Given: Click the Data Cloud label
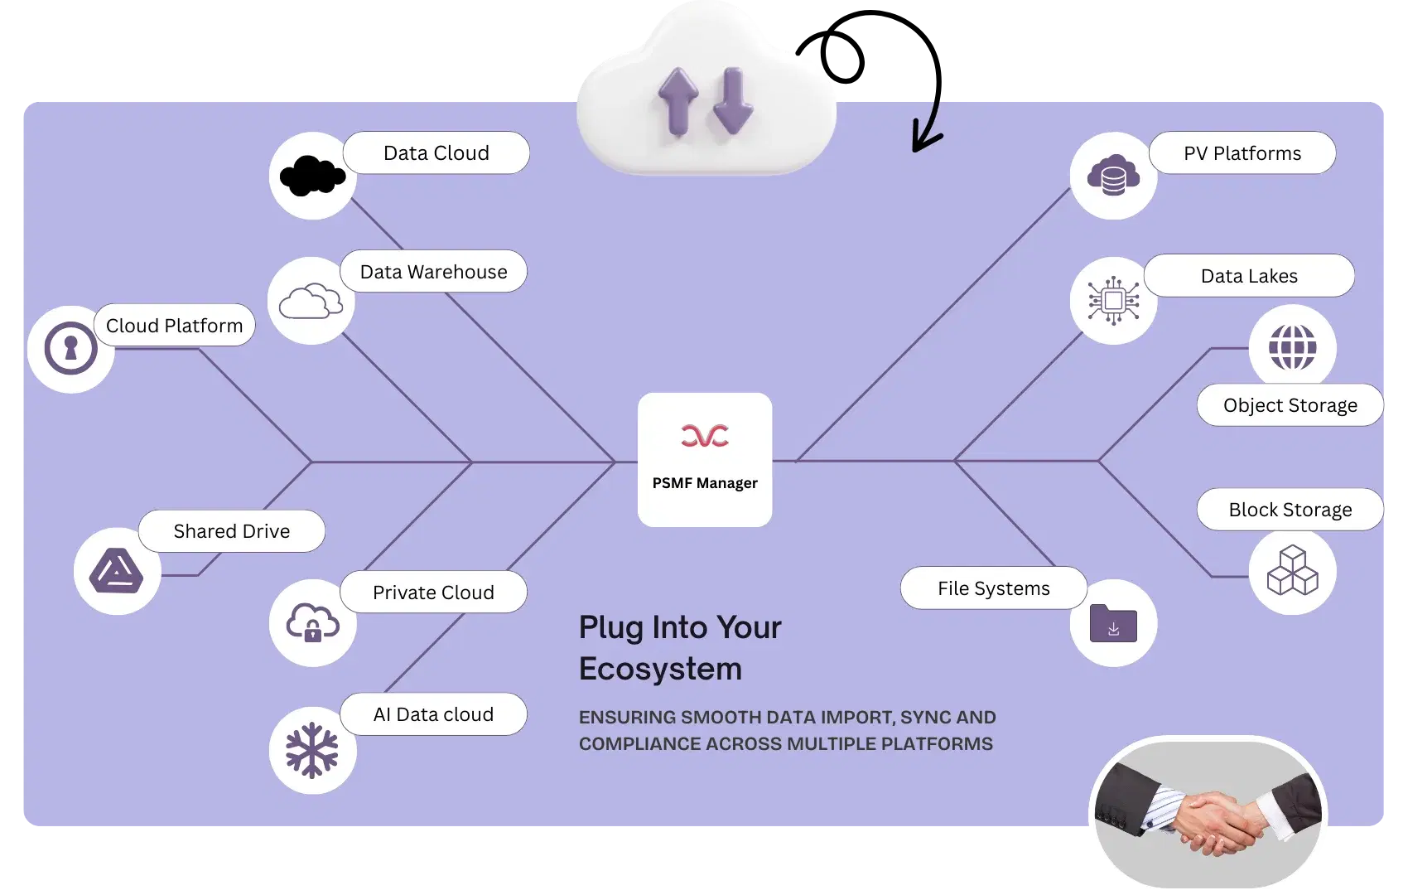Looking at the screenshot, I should [436, 153].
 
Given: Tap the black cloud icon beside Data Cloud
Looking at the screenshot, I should [312, 176].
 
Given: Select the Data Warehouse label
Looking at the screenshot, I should [433, 272].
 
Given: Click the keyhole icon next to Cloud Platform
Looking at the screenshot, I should [70, 349].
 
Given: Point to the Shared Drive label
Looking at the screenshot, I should [231, 531].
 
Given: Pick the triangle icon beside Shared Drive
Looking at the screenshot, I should [117, 572].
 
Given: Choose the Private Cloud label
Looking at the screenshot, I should [433, 593].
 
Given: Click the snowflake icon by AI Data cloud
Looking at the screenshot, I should [312, 751].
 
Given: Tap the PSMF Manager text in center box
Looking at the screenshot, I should [705, 483].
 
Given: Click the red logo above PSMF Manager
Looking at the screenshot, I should [705, 436].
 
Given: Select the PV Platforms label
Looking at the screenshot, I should [1242, 153].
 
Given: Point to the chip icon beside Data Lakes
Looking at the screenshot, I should [1113, 301].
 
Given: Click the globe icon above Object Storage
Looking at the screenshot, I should [1292, 347].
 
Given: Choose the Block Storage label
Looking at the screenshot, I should [1290, 510].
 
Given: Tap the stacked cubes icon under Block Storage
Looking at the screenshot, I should [1292, 571].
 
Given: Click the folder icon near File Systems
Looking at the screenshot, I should [1113, 623].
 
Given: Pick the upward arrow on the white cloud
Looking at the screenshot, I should [678, 101].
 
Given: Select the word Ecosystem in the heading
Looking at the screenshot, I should [660, 669].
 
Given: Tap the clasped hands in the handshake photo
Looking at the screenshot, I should [1214, 821].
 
